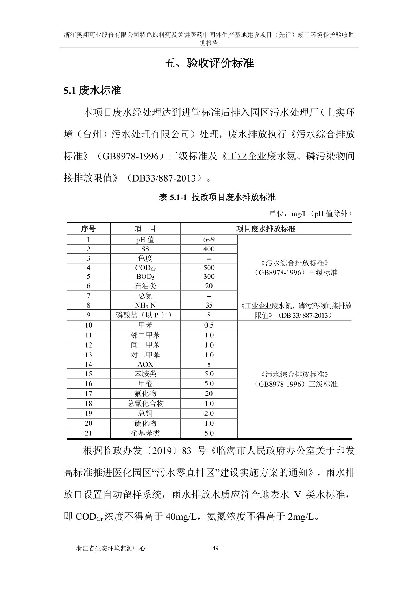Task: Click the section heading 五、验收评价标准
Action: (209, 63)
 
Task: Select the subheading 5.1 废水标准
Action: (92, 91)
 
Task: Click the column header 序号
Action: (88, 229)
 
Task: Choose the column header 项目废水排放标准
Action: (266, 229)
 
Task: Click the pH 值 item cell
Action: (145, 240)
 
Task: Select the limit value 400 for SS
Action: (209, 249)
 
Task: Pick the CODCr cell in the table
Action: (145, 268)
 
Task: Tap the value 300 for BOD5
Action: (209, 277)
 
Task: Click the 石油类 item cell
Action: (145, 286)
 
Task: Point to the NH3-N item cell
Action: (145, 306)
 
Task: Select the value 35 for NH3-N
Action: (209, 306)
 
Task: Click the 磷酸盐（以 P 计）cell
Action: (145, 315)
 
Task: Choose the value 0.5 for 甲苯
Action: (209, 325)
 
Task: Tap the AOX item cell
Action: (145, 365)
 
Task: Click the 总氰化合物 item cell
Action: (145, 403)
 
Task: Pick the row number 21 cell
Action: (88, 433)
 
